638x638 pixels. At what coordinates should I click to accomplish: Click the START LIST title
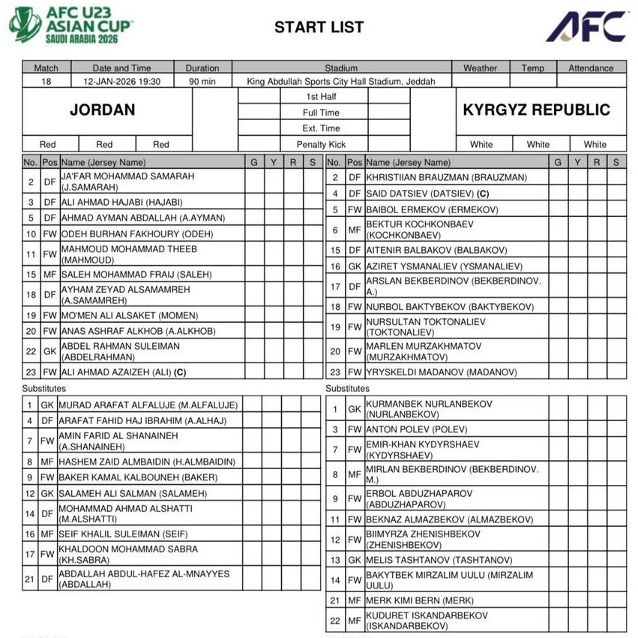click(319, 28)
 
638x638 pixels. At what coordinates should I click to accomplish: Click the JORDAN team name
click(103, 110)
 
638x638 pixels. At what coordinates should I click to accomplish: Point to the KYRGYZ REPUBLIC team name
click(537, 110)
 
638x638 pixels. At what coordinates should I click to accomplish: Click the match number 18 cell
click(46, 81)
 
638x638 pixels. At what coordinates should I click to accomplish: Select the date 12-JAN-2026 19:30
click(122, 81)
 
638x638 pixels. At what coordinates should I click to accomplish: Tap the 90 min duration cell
click(202, 81)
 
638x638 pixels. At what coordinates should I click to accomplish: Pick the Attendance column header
click(590, 68)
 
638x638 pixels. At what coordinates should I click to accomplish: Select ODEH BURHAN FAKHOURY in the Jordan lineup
click(136, 233)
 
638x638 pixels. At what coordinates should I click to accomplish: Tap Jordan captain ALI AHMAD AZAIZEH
click(123, 372)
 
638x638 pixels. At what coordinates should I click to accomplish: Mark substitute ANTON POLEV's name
click(416, 430)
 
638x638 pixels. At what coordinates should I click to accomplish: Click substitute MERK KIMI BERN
click(420, 600)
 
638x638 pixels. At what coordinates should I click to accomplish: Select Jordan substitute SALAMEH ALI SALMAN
click(133, 493)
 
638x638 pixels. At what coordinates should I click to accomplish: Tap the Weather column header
click(480, 68)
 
